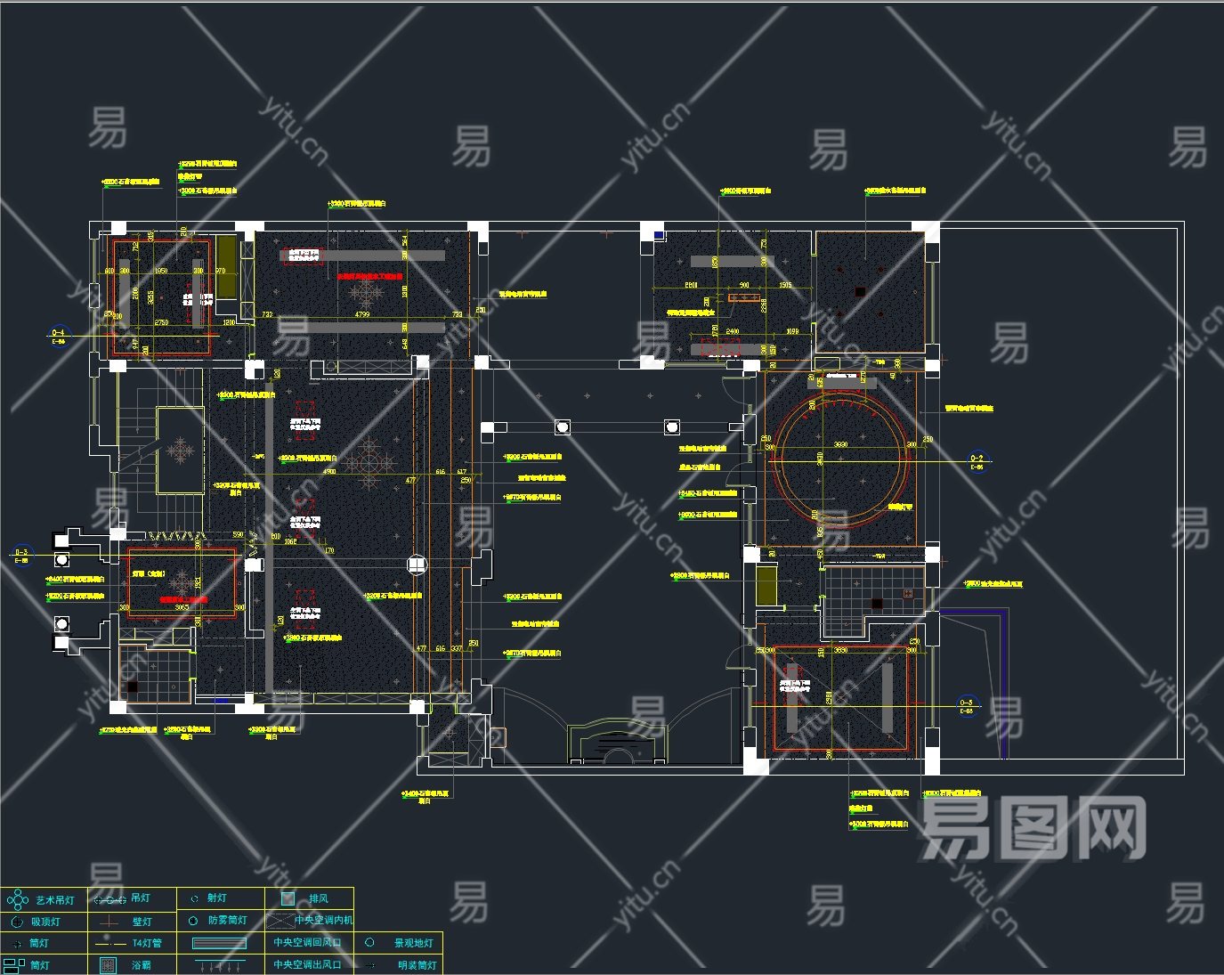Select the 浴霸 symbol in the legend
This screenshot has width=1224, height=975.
(108, 965)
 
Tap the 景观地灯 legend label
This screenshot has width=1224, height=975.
(413, 943)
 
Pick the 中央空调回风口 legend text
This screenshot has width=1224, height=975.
(307, 942)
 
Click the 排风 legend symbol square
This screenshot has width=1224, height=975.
(288, 898)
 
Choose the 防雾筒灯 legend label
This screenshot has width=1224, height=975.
(228, 921)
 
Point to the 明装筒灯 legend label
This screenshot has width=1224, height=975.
(417, 965)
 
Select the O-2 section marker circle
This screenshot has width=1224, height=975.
(977, 461)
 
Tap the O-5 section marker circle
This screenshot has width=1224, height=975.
(966, 705)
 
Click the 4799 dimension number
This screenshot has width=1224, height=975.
(362, 314)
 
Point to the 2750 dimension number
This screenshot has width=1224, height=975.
(161, 322)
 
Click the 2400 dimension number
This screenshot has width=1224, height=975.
(732, 331)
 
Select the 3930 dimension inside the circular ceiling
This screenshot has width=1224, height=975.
(839, 444)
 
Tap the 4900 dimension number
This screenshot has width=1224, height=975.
(329, 471)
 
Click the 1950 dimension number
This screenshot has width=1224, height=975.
(161, 271)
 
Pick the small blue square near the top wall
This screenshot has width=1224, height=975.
(659, 235)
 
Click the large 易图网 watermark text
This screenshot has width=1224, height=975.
(1033, 829)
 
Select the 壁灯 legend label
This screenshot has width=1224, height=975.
(142, 922)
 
